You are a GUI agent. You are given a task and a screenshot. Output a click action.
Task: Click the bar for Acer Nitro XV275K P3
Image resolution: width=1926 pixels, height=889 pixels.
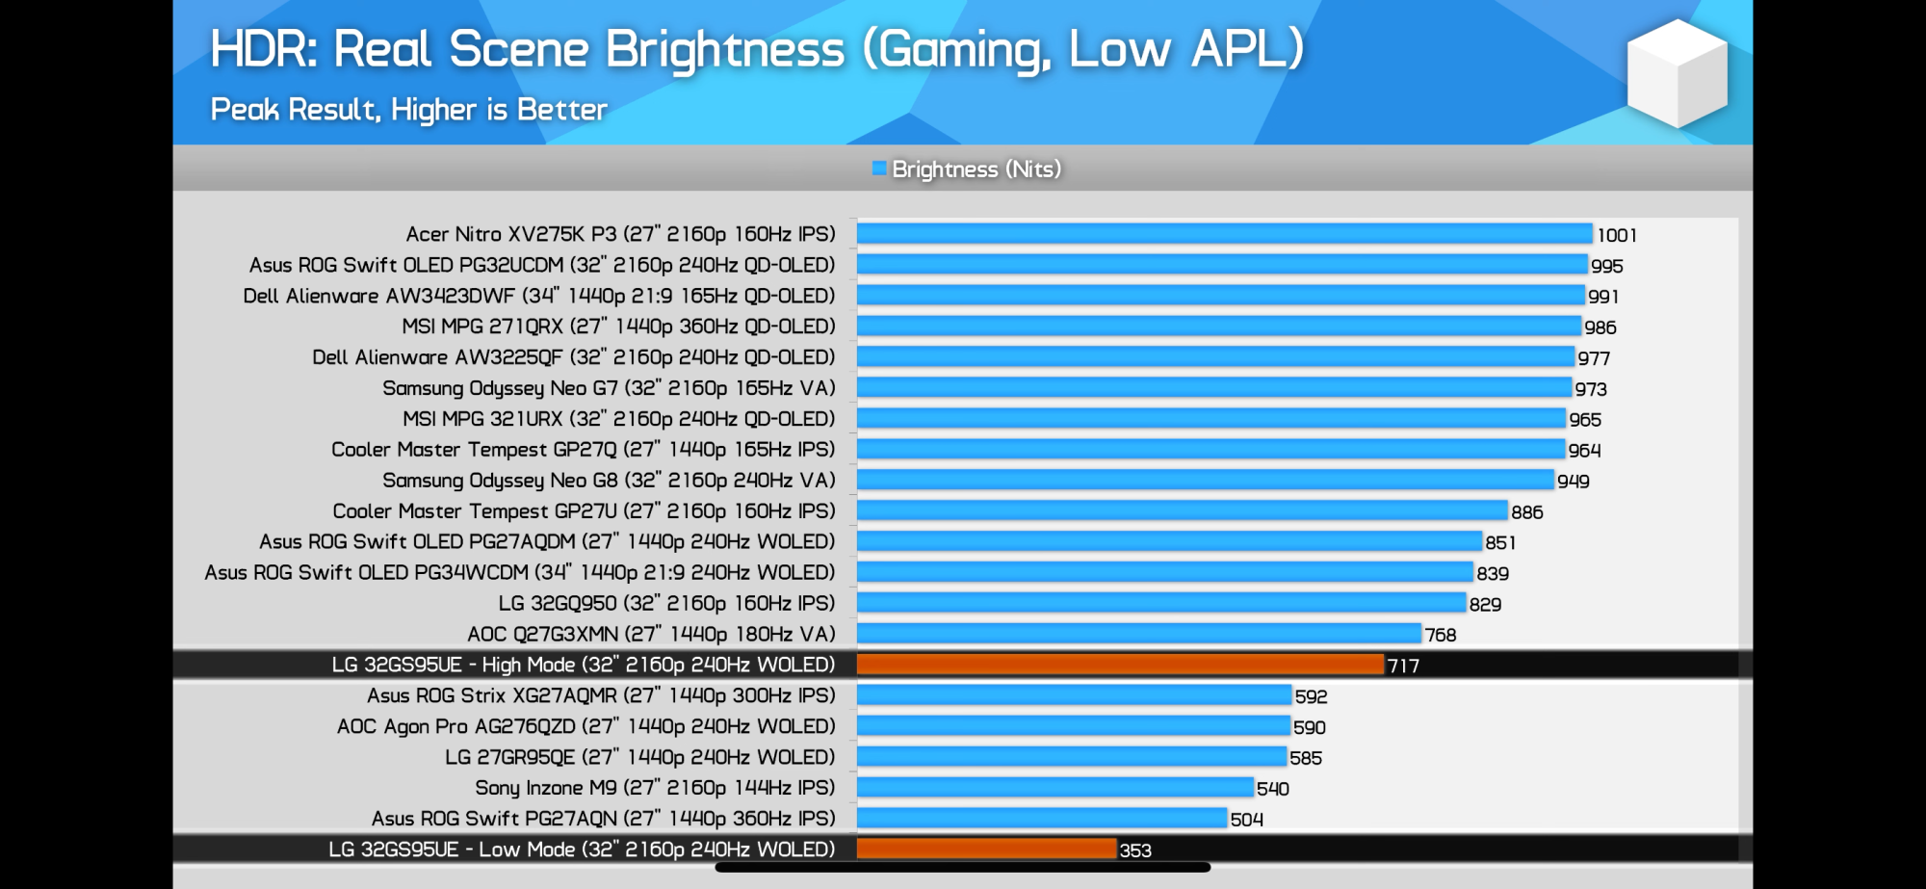tap(1224, 234)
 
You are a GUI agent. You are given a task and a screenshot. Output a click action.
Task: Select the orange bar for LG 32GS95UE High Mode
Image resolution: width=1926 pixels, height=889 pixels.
tap(1120, 665)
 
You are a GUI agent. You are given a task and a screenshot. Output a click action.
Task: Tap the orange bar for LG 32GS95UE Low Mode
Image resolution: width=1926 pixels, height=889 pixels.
tap(986, 850)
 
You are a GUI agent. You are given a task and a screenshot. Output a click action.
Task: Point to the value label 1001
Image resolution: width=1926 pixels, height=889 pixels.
tap(1617, 235)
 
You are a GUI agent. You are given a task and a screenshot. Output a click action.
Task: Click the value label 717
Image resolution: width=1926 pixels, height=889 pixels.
tap(1403, 666)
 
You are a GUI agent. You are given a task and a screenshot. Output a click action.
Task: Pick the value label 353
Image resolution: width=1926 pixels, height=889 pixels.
tap(1135, 850)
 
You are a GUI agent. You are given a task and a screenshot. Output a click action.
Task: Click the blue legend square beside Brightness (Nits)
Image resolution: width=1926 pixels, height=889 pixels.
tap(879, 169)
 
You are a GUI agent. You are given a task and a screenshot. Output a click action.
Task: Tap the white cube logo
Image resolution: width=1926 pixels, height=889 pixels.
tap(1677, 74)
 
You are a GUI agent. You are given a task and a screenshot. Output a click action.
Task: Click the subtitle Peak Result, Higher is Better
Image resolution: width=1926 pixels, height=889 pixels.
tap(408, 110)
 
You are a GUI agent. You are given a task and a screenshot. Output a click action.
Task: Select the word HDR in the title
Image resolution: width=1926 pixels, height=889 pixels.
tap(263, 49)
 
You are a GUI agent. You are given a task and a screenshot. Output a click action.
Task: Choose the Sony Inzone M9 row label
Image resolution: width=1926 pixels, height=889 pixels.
tap(655, 788)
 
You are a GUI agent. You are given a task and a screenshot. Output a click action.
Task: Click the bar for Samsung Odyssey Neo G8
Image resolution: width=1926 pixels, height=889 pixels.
tap(1205, 480)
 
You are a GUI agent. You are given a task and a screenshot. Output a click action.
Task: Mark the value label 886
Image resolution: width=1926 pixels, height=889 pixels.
tap(1526, 512)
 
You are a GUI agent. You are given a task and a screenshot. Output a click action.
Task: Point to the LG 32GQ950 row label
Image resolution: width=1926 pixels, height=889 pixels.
tap(666, 603)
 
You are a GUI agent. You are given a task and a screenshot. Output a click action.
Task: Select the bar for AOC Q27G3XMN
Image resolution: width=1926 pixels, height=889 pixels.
tap(1138, 634)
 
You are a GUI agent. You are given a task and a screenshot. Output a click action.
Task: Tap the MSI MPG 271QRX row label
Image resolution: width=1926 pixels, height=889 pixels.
tap(618, 327)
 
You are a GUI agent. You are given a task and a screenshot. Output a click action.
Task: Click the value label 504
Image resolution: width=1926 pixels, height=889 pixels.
tap(1246, 820)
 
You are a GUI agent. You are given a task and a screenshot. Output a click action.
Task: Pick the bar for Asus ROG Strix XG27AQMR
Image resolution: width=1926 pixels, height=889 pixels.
tap(1074, 695)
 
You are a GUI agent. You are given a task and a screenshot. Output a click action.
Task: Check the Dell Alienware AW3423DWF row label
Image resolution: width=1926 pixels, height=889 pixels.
tap(538, 296)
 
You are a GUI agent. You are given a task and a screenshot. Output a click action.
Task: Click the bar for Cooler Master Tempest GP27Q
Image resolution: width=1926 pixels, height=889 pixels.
tap(1210, 449)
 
